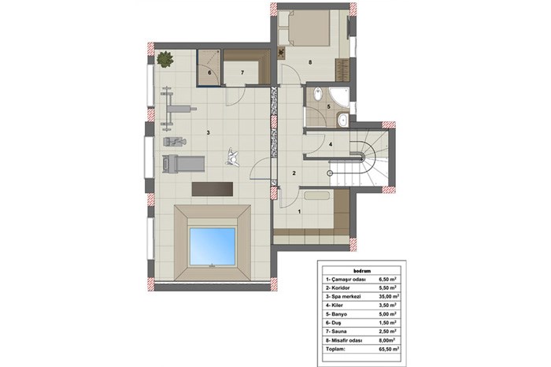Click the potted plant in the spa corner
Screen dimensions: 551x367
[165, 59]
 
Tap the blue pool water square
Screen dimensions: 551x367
[213, 246]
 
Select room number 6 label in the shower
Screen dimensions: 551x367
[210, 72]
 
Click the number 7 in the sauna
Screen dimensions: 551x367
[242, 72]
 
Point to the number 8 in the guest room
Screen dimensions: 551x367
[310, 62]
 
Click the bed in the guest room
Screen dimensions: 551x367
[305, 28]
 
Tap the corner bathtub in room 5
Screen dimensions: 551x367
[338, 97]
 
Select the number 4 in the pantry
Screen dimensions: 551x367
[331, 144]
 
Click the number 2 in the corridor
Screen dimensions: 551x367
[294, 173]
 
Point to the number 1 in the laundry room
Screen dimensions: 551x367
[299, 212]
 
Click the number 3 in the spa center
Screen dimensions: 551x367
[209, 132]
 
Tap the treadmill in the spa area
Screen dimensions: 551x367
[183, 164]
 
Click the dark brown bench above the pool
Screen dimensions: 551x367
[213, 189]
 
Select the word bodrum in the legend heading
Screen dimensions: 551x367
[361, 271]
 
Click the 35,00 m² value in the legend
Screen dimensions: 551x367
[389, 296]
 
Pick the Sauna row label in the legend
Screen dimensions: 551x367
[336, 332]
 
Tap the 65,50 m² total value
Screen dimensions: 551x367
[389, 350]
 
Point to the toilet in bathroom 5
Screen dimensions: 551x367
[317, 94]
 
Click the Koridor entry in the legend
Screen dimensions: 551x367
[338, 288]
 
